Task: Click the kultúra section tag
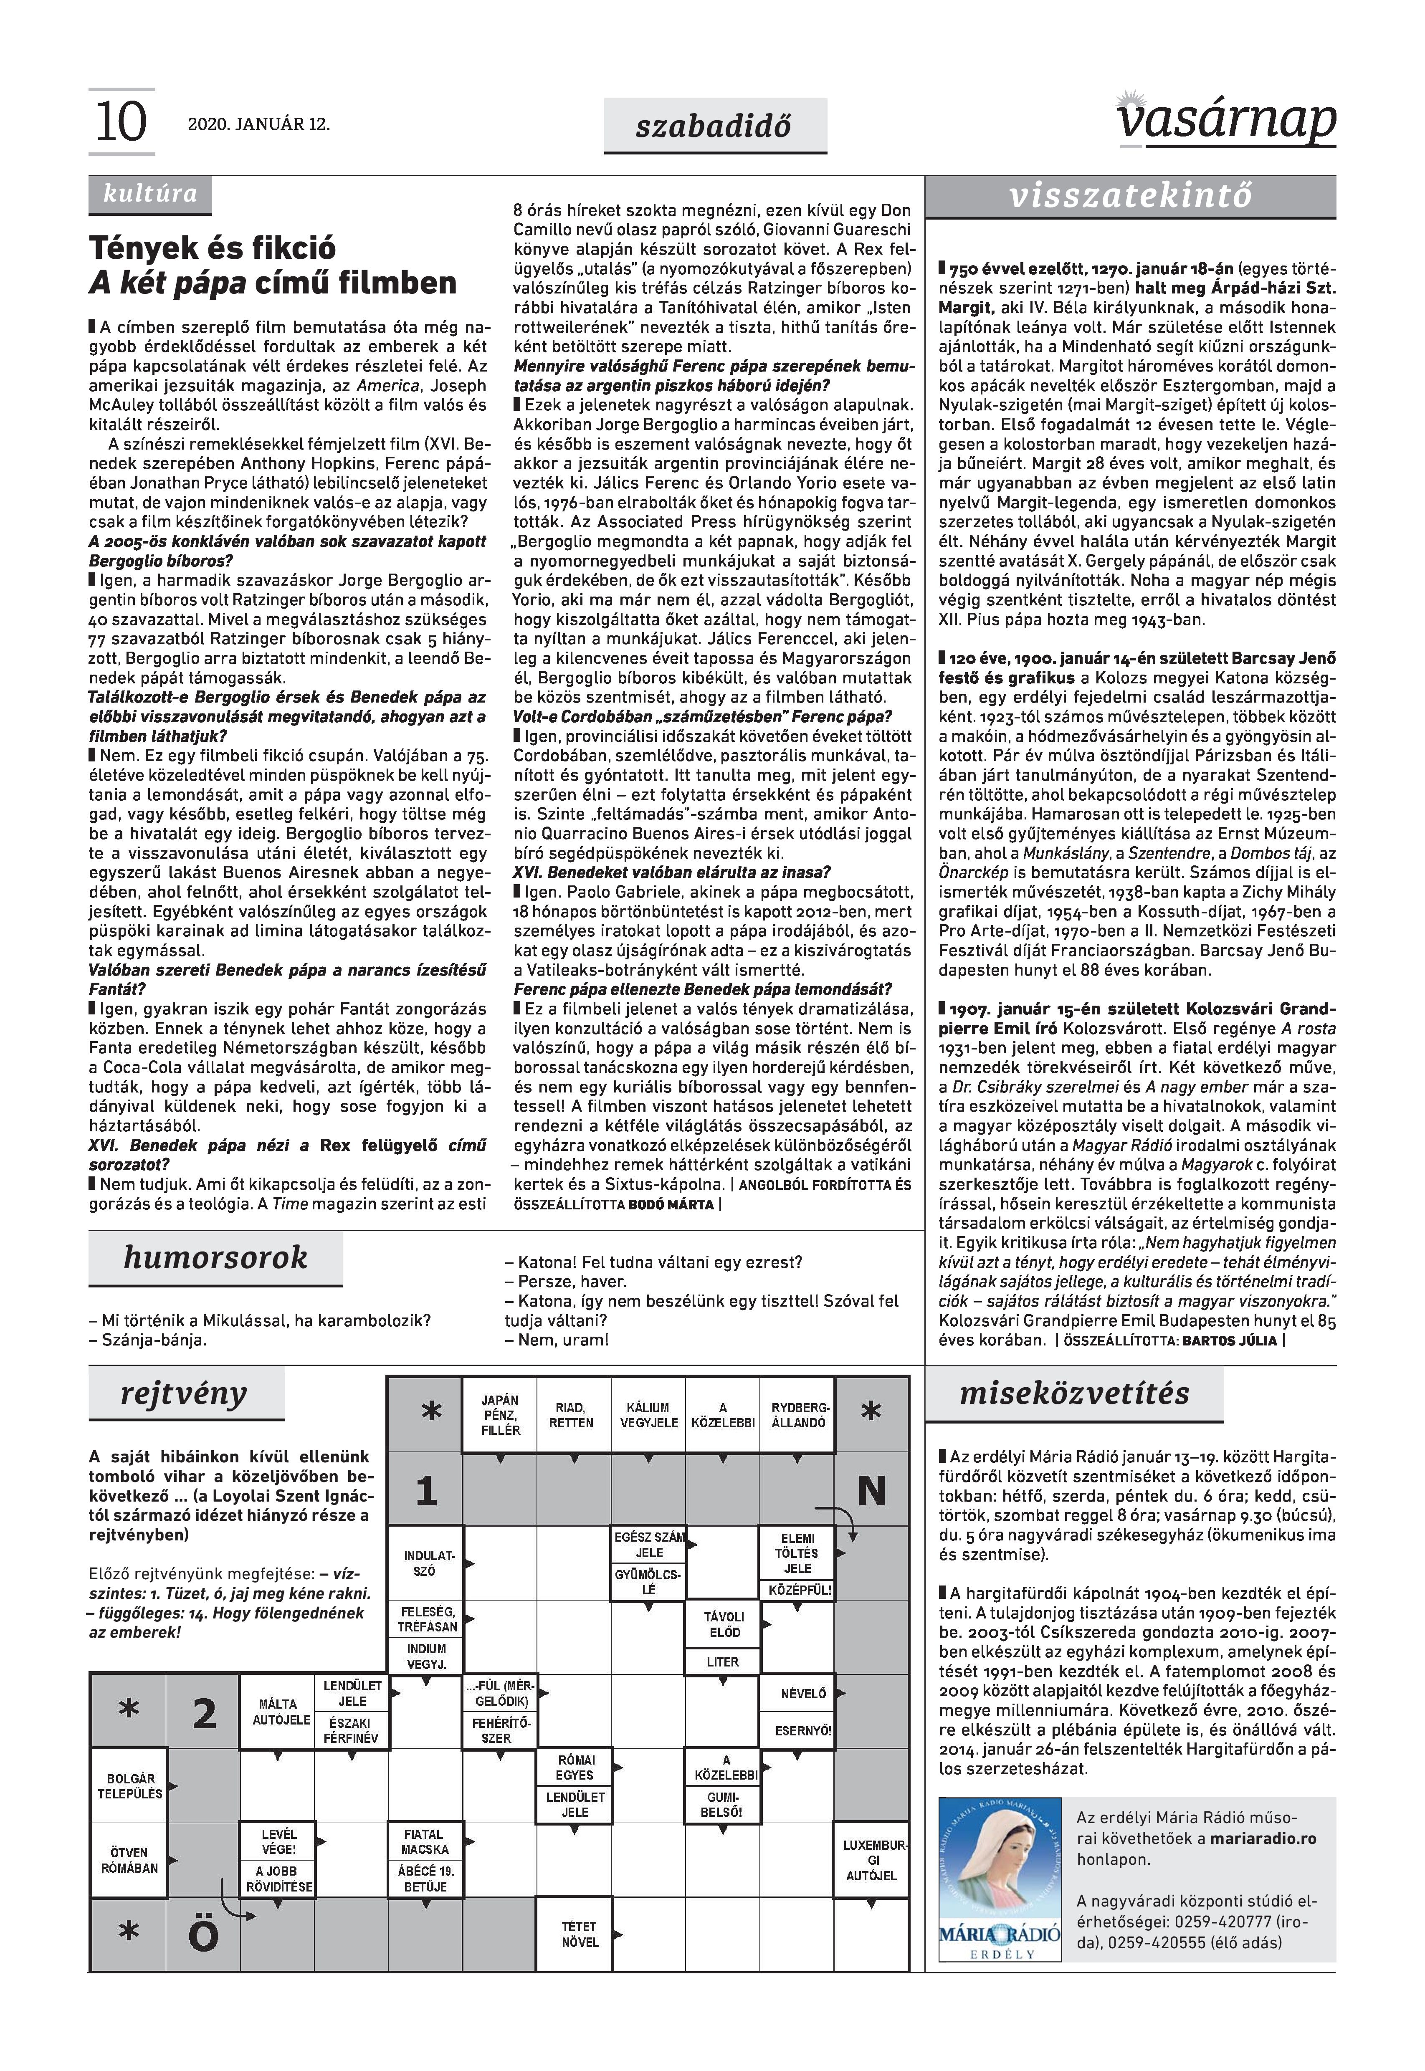pyautogui.click(x=150, y=194)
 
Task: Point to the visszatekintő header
pyautogui.click(x=1130, y=195)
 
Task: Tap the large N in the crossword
pyautogui.click(x=871, y=1490)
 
